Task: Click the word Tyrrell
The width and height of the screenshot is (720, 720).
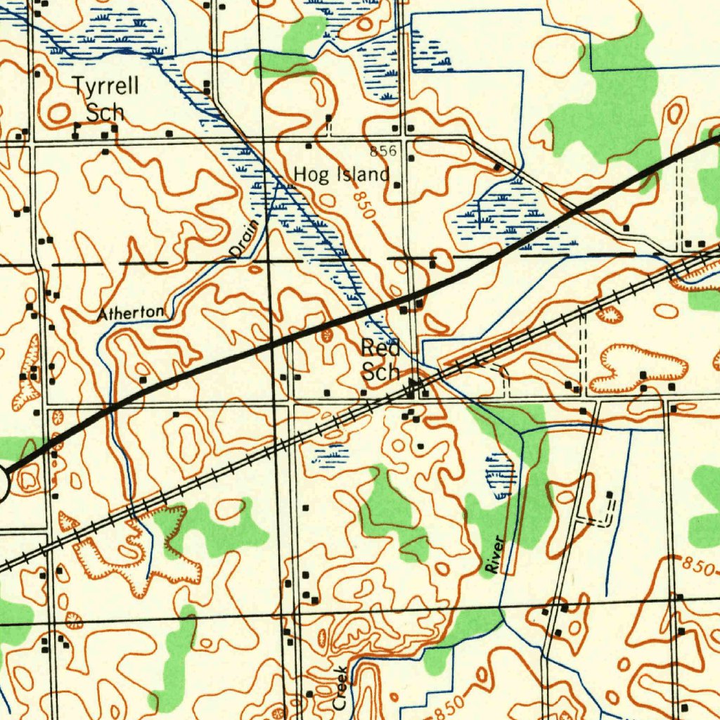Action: [107, 88]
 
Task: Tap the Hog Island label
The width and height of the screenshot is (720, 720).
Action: [341, 174]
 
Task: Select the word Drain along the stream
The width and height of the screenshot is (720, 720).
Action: [242, 237]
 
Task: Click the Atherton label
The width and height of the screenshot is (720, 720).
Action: [131, 313]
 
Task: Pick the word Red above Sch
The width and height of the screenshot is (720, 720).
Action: [380, 347]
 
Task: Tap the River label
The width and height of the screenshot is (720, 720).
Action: [497, 555]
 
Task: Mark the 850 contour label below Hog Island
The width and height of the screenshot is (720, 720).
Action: [364, 205]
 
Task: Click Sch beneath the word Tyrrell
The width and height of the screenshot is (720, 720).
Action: [105, 112]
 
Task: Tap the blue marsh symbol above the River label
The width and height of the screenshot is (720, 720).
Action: [500, 475]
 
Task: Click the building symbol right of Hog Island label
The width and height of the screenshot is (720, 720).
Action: [397, 186]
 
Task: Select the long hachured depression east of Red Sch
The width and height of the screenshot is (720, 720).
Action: [638, 366]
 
